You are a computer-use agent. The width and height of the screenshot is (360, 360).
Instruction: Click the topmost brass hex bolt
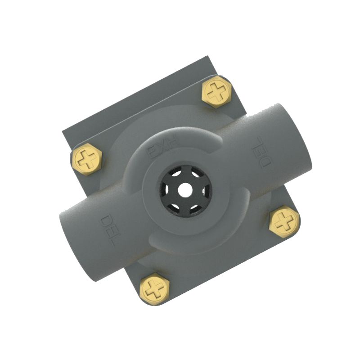217,92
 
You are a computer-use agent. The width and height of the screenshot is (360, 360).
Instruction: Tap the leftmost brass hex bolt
87,159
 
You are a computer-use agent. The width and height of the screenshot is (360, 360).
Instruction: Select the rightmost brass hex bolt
284,221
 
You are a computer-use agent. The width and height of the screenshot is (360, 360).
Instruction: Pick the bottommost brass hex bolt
154,288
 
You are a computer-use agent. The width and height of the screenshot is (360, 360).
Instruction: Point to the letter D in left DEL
105,221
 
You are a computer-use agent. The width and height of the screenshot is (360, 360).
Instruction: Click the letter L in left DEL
111,239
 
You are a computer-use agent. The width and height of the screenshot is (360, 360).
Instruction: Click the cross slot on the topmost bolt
217,92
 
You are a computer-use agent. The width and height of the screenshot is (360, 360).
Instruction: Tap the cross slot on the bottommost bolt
154,288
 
